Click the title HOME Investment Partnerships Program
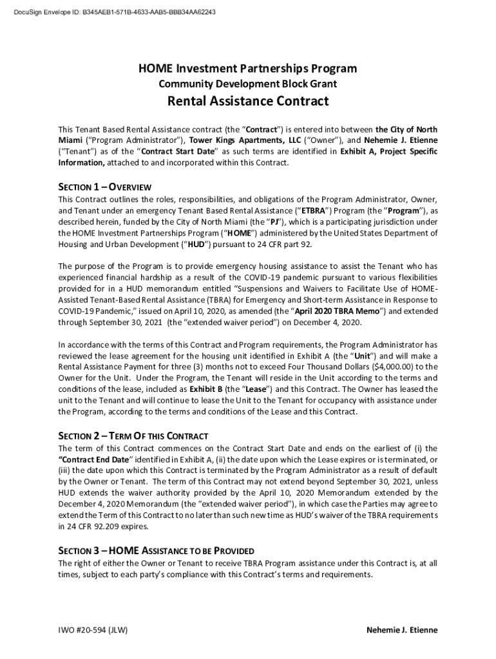248,69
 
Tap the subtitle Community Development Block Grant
248,84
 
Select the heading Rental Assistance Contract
248,101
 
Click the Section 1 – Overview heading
104,187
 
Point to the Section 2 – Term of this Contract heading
133,436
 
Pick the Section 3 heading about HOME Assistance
156,551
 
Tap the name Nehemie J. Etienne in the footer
401,630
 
